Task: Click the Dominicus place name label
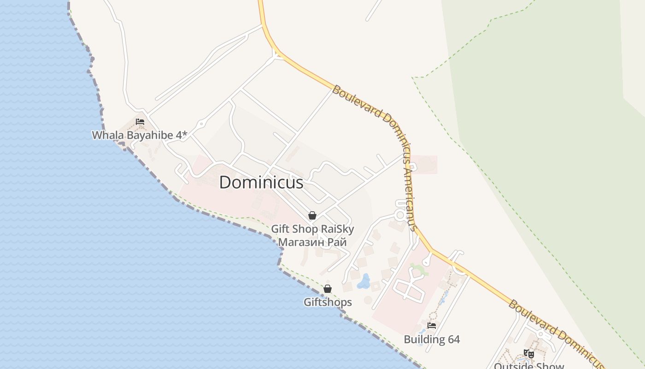pos(261,183)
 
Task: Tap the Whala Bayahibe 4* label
pos(140,135)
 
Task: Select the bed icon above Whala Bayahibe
pos(140,122)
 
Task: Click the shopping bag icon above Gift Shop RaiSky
pos(312,215)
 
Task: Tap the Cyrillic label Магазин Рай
pos(312,242)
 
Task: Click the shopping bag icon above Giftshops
pos(328,289)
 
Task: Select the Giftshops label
pos(328,302)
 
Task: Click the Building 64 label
pos(432,339)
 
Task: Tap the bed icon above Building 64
pos(432,326)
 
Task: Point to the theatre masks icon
pos(529,354)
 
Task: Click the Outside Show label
pos(529,366)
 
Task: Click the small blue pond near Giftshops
pos(364,281)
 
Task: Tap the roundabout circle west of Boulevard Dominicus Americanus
pos(400,215)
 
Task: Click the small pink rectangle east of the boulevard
pos(424,165)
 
